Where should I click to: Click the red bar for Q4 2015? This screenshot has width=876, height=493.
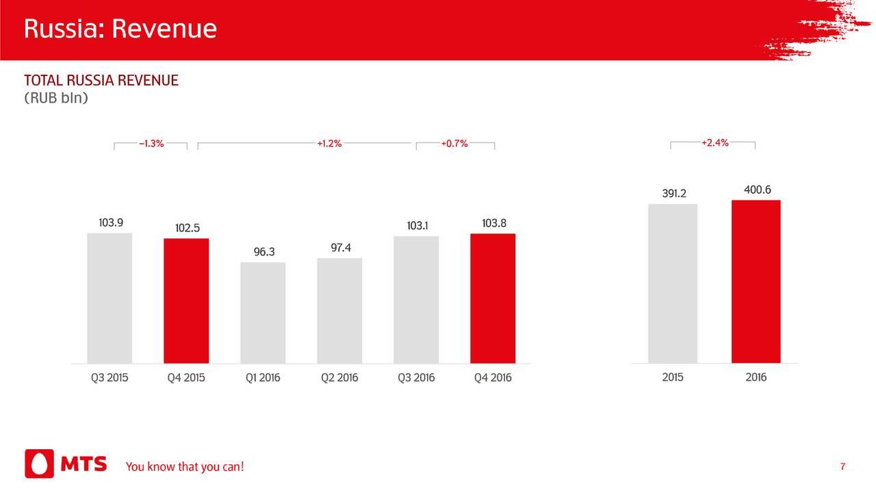(x=186, y=301)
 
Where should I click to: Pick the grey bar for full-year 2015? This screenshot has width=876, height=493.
(x=673, y=283)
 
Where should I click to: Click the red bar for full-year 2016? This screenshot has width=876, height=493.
(x=756, y=281)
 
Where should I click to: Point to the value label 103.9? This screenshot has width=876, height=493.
(x=110, y=223)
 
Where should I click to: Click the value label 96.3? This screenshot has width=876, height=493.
(x=264, y=252)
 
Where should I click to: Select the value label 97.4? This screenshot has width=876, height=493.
(x=341, y=247)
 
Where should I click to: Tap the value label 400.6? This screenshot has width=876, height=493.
(x=758, y=190)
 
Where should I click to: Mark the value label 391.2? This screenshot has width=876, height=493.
(x=674, y=194)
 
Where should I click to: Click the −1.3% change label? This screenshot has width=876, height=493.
(x=151, y=144)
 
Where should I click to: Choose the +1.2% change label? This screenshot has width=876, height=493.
(x=329, y=144)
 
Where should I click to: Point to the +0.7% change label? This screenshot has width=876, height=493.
(x=454, y=144)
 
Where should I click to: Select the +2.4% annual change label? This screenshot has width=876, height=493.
(x=714, y=143)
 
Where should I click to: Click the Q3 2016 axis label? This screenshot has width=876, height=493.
(x=416, y=378)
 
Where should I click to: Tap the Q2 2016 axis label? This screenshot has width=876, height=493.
(x=339, y=378)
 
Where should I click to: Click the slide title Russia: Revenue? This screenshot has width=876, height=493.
(x=120, y=29)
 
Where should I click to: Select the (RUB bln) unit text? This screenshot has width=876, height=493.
(x=56, y=99)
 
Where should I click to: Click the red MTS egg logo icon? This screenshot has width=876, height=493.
(x=39, y=464)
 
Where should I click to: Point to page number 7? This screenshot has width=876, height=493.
(x=842, y=467)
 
